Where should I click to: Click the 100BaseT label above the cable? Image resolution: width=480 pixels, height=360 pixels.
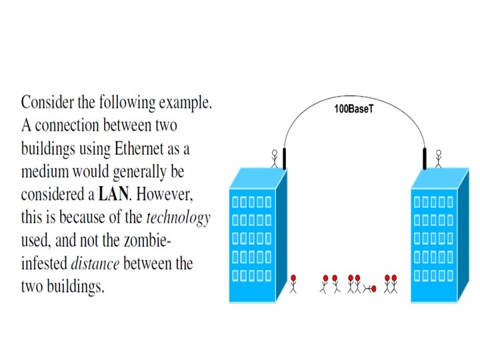(x=353, y=108)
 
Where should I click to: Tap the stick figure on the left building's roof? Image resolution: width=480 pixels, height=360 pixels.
(x=273, y=158)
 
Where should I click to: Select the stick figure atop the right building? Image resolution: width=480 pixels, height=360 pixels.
(x=438, y=158)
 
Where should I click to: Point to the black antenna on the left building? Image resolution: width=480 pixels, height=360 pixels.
(x=283, y=159)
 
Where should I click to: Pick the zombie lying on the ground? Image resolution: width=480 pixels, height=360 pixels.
(x=367, y=288)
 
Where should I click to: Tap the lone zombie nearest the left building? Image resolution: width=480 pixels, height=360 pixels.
(x=294, y=283)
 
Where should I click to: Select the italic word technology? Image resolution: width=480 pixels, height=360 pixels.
(x=178, y=218)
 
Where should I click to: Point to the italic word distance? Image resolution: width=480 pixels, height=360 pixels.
(x=95, y=263)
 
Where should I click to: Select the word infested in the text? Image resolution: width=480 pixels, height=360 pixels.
(x=43, y=263)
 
